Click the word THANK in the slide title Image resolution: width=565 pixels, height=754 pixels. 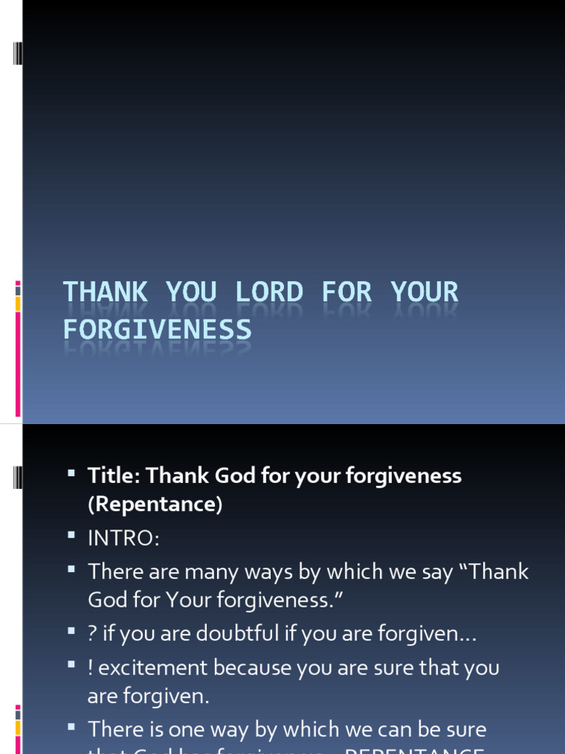(104, 292)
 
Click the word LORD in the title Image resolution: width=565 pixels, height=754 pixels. (269, 292)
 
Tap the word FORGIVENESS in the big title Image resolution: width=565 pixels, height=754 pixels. (157, 329)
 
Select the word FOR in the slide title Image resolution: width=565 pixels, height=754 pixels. (347, 292)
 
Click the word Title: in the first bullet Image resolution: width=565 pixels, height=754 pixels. (113, 476)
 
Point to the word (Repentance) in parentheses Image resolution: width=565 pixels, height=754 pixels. (154, 505)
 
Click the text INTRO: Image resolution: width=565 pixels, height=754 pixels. (123, 538)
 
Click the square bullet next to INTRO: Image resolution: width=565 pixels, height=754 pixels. (71, 537)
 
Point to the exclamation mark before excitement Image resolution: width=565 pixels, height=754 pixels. (90, 668)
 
